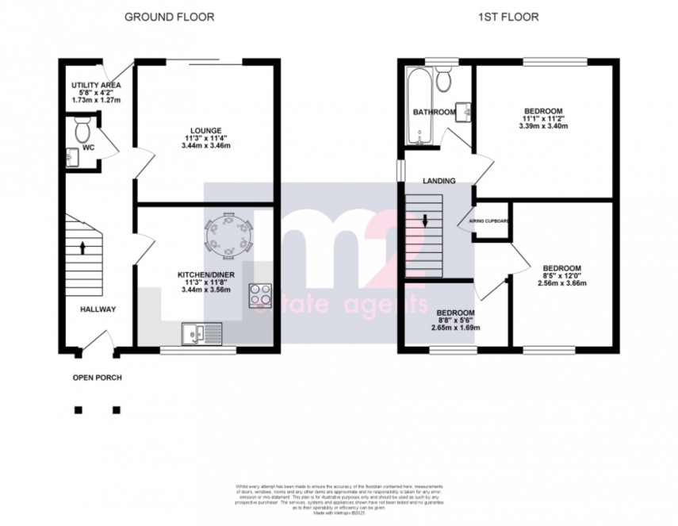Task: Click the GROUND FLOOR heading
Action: click(169, 16)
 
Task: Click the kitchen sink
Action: click(202, 332)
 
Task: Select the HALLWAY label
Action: click(98, 309)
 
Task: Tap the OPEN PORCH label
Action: click(98, 378)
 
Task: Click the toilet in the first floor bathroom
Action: click(444, 80)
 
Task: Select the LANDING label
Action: click(439, 181)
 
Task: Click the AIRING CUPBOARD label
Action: click(489, 221)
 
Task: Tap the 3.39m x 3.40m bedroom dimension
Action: click(543, 126)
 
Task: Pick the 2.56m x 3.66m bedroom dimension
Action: click(561, 283)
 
